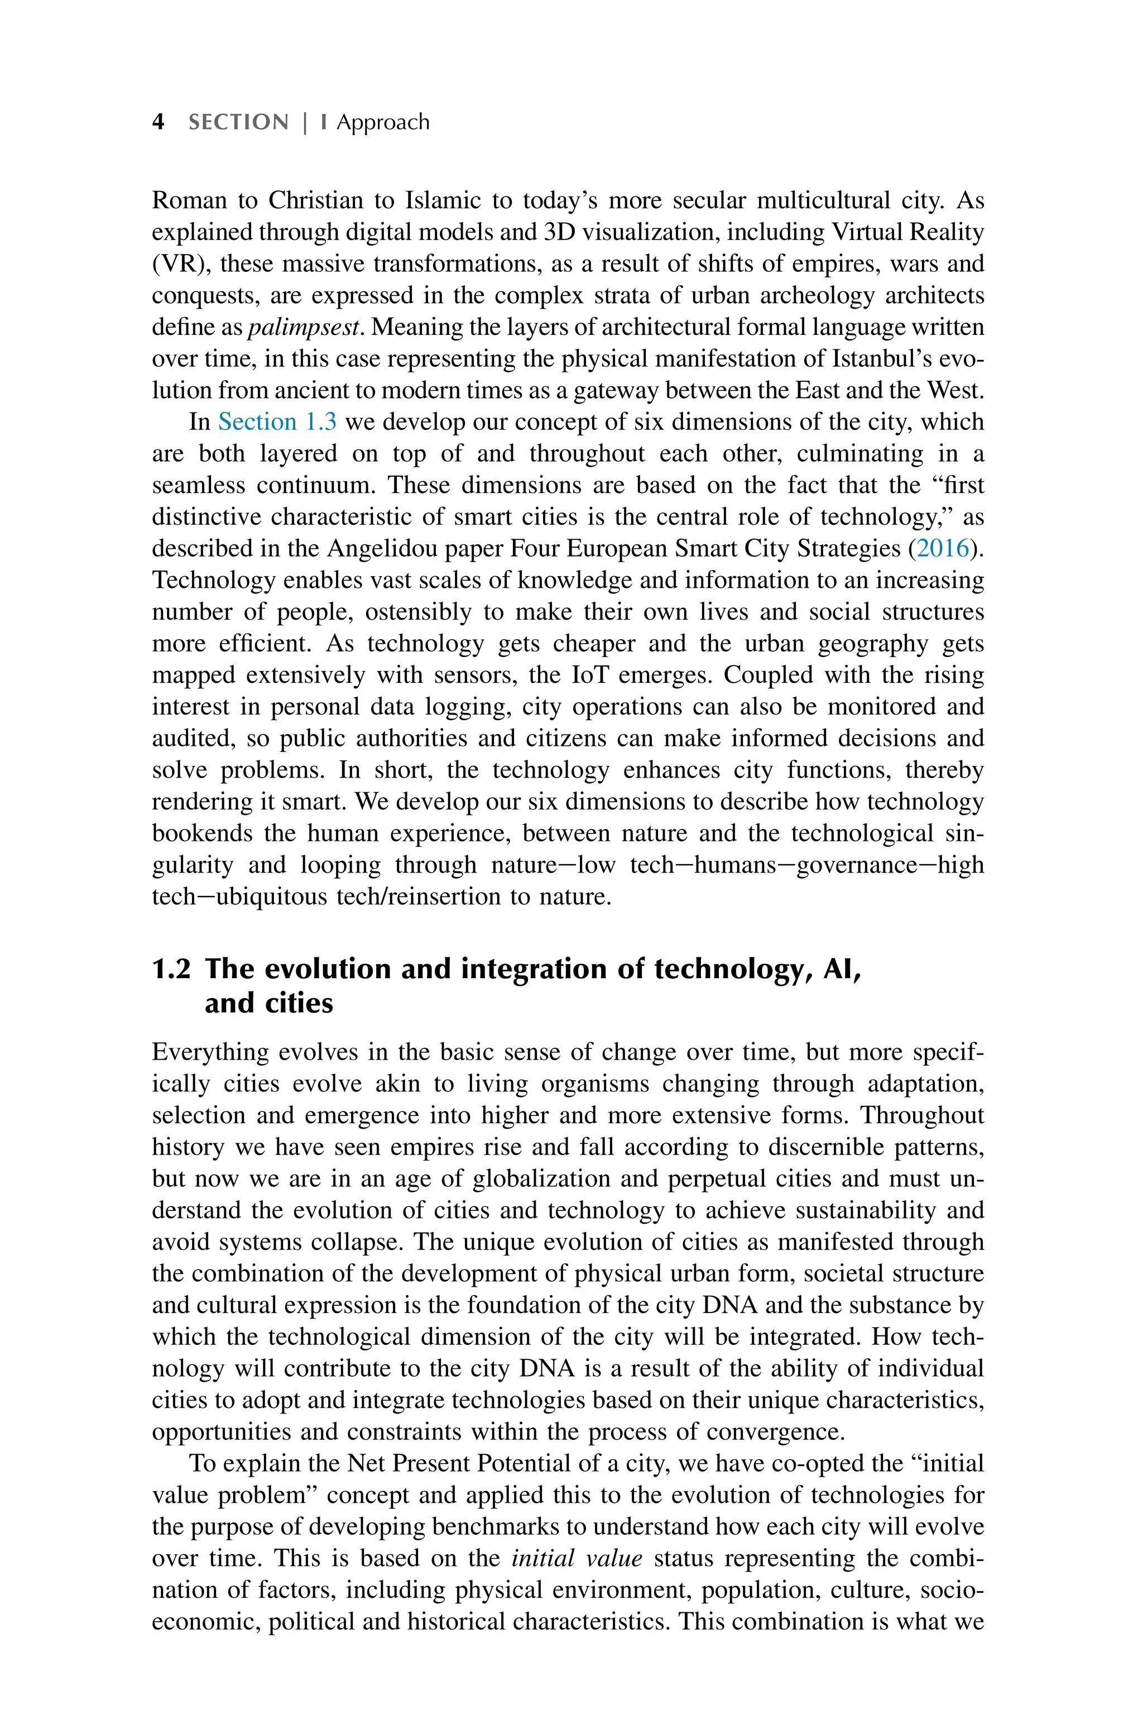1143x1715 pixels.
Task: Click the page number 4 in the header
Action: pos(157,122)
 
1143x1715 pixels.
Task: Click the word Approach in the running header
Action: pos(383,122)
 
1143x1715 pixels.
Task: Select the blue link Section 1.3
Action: pos(277,422)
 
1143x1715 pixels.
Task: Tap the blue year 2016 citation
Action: pos(943,548)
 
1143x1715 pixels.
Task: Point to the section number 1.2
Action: pos(171,969)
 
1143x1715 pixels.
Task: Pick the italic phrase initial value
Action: pos(577,1558)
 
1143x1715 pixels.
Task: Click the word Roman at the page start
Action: pos(189,200)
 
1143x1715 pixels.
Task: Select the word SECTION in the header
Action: pos(238,122)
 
